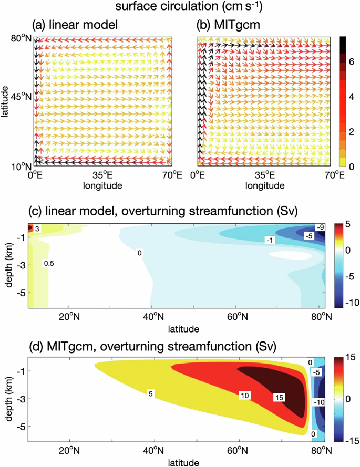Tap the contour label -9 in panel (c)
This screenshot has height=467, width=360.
[x=319, y=226]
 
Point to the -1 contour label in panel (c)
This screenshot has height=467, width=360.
[x=269, y=239]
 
